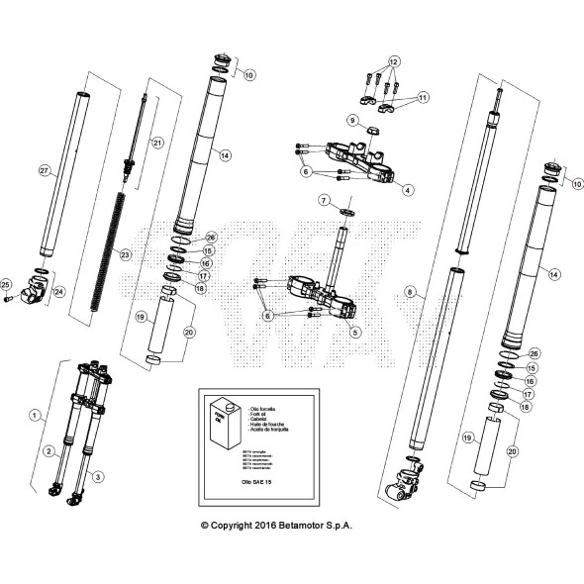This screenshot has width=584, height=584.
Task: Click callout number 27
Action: coord(44,171)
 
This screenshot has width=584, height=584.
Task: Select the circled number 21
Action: coord(156,143)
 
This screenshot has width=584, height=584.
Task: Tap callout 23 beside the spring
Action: coord(125,254)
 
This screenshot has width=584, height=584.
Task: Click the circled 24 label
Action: coord(58,292)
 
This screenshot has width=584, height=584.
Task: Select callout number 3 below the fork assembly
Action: coord(97,477)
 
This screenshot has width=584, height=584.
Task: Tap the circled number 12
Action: coord(393,61)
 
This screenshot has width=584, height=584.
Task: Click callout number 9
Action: coord(351,120)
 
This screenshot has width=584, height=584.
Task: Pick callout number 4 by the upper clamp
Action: coord(408,189)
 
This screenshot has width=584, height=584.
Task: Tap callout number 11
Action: coord(424,97)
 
